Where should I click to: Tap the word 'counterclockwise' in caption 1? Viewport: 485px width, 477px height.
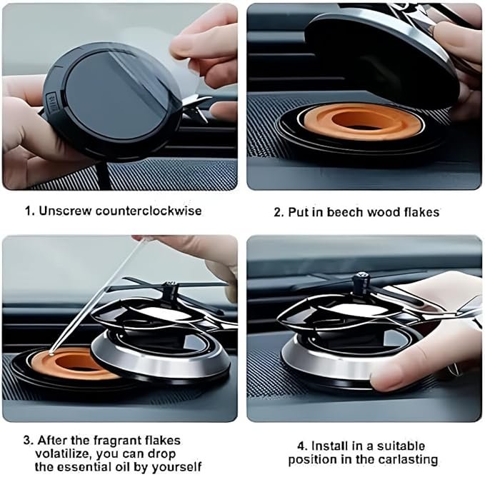click(151, 211)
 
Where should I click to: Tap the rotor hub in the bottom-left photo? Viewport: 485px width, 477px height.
click(169, 290)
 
